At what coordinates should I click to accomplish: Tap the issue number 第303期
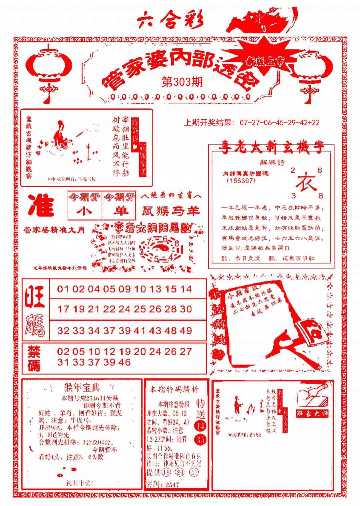[x=182, y=82]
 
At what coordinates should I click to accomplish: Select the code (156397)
[x=241, y=180]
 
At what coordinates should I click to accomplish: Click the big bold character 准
[x=41, y=206]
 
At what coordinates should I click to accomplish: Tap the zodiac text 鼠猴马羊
[x=171, y=211]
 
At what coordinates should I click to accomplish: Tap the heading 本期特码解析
[x=174, y=389]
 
